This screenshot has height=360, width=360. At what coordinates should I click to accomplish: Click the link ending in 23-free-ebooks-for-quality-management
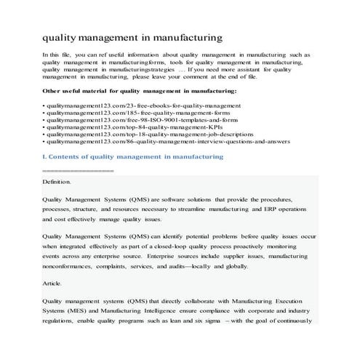point(121,107)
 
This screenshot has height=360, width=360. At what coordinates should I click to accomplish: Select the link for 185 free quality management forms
point(120,116)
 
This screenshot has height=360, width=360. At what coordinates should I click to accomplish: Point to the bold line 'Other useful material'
point(140,90)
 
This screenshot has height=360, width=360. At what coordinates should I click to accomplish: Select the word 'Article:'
point(52,282)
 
